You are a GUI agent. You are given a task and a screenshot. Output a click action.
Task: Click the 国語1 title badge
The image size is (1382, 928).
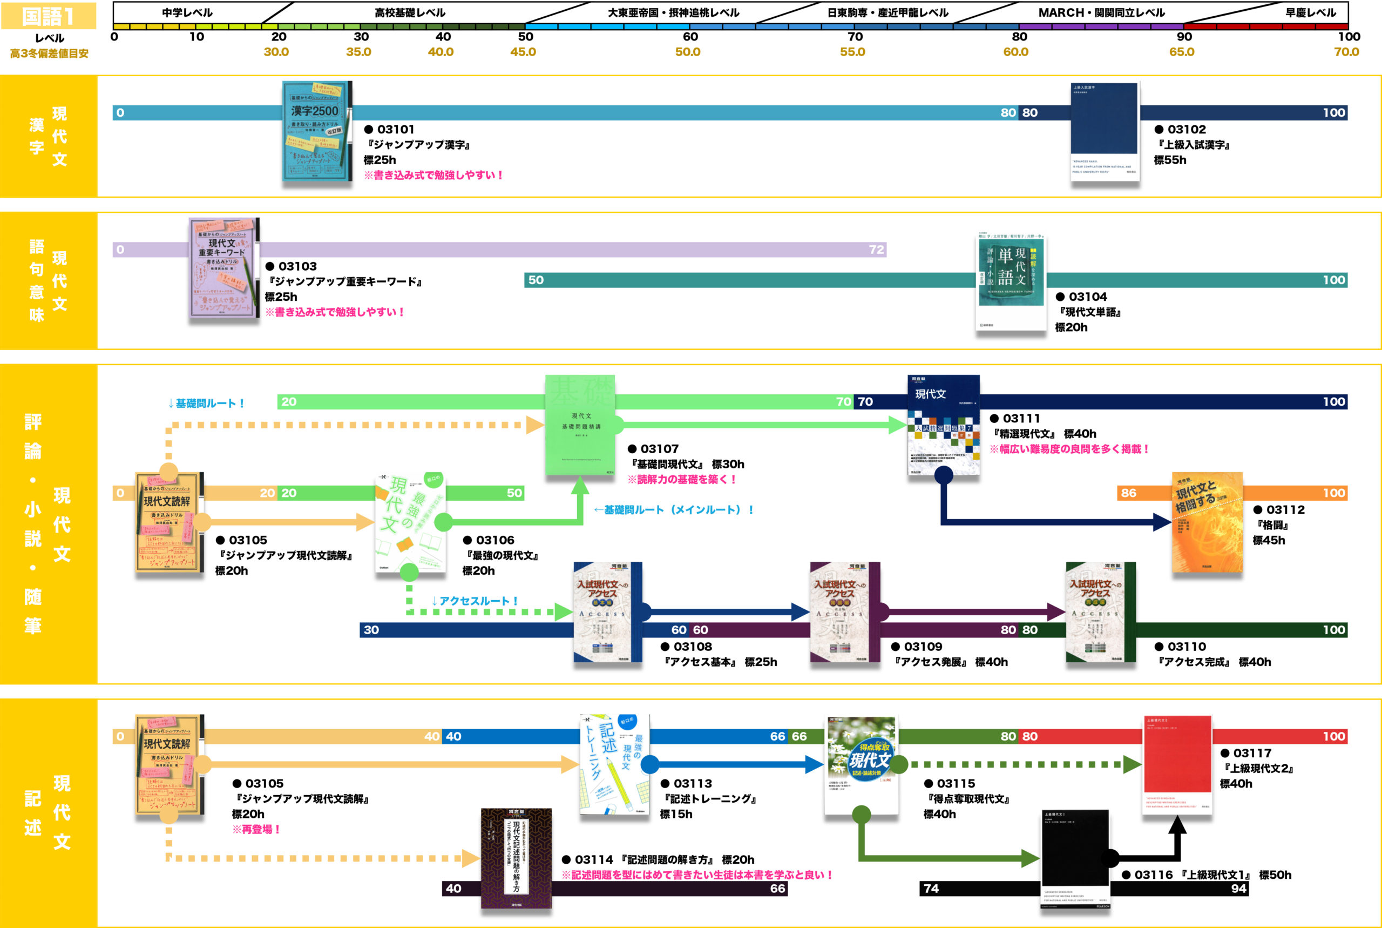tap(49, 16)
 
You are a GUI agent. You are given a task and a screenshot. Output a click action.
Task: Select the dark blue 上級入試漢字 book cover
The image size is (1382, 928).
tap(1105, 131)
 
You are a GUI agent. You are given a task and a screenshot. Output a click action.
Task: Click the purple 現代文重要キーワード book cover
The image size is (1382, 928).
tap(223, 268)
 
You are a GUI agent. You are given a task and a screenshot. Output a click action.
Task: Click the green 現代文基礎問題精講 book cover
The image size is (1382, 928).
tap(580, 425)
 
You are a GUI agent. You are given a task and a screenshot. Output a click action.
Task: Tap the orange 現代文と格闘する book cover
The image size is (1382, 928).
tap(1207, 522)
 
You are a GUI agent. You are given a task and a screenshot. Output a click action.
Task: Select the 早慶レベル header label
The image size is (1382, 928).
tap(1310, 12)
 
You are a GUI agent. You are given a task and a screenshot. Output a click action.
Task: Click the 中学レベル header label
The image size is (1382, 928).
tap(187, 12)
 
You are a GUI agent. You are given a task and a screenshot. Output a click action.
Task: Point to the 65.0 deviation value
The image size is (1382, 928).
tap(1182, 52)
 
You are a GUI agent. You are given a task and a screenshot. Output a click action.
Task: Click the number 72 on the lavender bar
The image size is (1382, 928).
tap(876, 250)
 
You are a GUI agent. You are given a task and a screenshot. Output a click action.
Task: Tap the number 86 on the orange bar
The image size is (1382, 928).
tap(1128, 493)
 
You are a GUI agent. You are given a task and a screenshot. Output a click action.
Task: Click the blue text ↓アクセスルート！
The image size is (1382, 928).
tap(475, 601)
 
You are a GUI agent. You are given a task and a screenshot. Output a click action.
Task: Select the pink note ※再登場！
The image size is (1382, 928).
tap(256, 829)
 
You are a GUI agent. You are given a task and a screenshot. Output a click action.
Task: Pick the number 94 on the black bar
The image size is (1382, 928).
tap(1238, 889)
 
